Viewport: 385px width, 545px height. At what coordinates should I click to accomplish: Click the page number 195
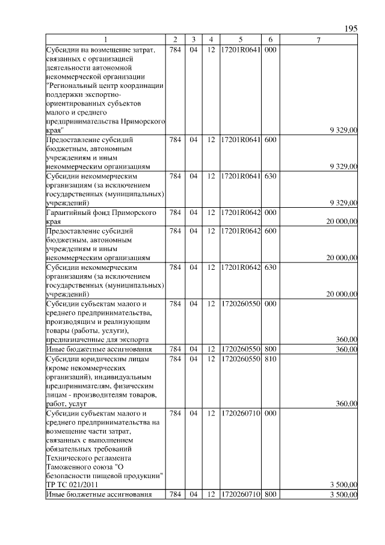[351, 29]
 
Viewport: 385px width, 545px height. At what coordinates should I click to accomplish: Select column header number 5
[240, 40]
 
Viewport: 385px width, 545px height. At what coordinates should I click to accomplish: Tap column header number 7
[319, 40]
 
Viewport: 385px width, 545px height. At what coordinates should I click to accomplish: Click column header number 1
[106, 40]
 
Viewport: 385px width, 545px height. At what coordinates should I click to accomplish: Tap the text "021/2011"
[84, 484]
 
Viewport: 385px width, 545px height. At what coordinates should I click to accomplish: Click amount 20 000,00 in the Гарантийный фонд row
[342, 222]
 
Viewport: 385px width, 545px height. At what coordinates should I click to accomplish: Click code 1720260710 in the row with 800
[240, 494]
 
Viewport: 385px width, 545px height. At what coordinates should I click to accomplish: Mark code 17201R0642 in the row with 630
[240, 267]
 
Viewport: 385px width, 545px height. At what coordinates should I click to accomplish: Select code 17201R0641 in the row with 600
[240, 140]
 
